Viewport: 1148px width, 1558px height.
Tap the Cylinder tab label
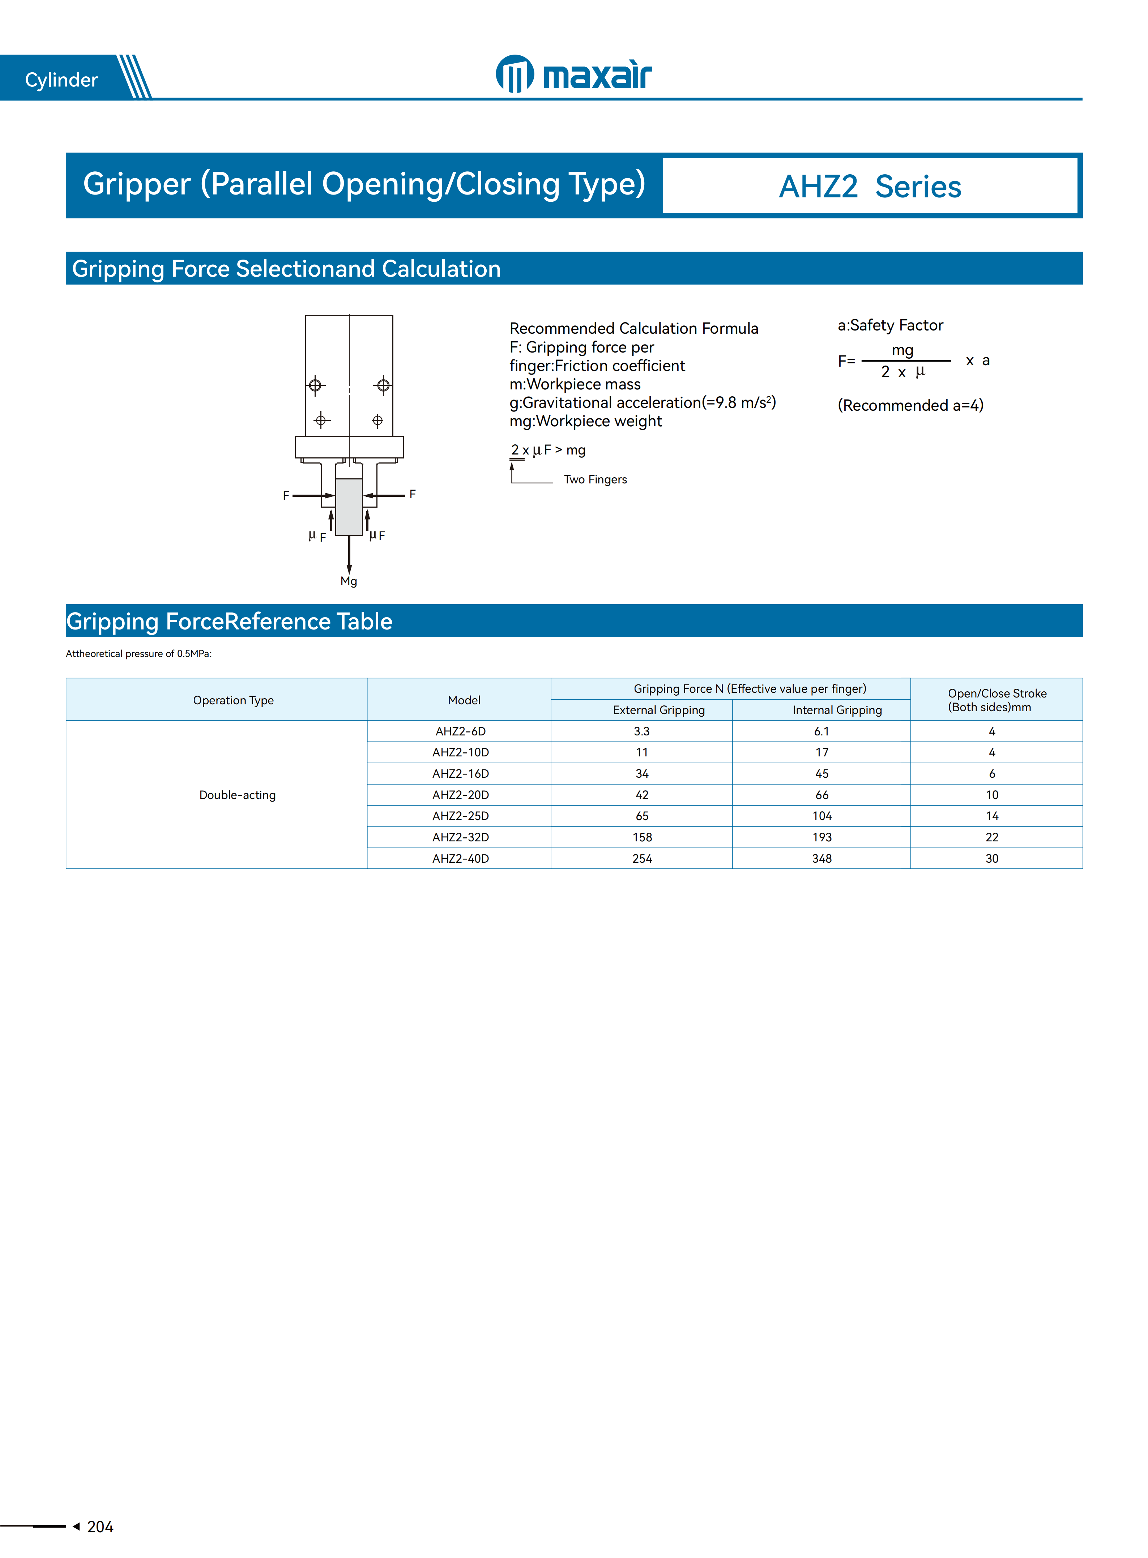coord(61,80)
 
